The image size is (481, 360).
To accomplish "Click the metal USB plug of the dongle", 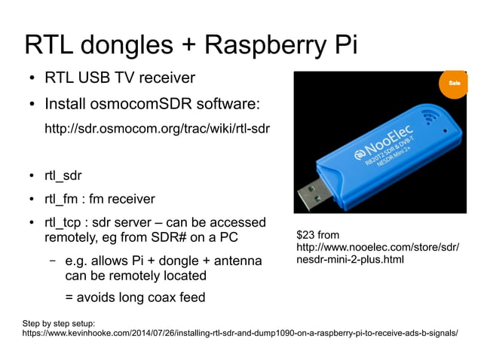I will point(311,195).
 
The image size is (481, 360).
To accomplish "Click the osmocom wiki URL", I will point(158,129).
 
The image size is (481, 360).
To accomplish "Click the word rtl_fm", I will point(63,200).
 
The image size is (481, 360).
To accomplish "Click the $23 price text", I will point(306,236).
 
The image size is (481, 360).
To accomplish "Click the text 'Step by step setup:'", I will point(59,322).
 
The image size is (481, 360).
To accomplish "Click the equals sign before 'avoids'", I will point(69,297).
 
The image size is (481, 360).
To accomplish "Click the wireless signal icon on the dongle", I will point(430,118).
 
